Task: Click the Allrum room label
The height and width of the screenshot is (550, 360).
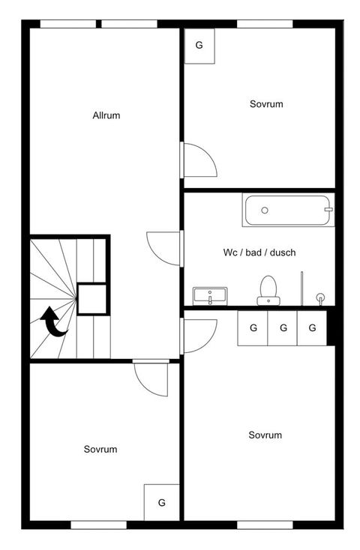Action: click(x=106, y=115)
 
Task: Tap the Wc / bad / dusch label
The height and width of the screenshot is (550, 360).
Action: click(x=259, y=253)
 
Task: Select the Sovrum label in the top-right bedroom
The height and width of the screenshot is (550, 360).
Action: click(x=266, y=104)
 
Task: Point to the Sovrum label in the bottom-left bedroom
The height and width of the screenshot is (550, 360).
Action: click(x=100, y=450)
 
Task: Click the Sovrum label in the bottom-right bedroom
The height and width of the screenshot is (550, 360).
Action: click(x=265, y=435)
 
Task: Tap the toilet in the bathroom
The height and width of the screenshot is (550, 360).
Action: click(x=268, y=291)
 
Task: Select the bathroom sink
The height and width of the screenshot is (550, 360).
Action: click(x=210, y=296)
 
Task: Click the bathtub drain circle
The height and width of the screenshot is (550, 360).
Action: click(x=265, y=210)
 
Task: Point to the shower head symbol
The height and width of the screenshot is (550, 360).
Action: click(x=320, y=297)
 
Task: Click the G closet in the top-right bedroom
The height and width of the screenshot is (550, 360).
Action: click(x=199, y=46)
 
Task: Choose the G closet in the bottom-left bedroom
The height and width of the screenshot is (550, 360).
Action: click(x=161, y=503)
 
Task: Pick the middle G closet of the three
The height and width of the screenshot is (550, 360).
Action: click(x=283, y=328)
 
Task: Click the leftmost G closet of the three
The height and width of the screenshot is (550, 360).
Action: click(x=253, y=328)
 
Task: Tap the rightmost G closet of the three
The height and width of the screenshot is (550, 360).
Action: click(x=312, y=328)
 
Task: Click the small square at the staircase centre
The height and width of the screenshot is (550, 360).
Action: click(x=91, y=299)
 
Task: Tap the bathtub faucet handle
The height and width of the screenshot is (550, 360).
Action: click(x=328, y=209)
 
